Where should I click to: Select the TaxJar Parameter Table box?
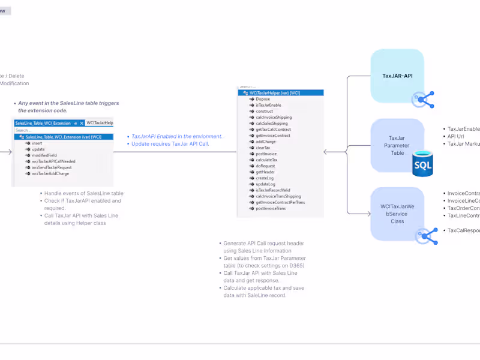[397, 145]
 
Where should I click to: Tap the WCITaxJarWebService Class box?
[397, 213]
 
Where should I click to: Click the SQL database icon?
[422, 163]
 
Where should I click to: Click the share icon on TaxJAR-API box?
[423, 99]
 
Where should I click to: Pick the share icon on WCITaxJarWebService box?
[428, 236]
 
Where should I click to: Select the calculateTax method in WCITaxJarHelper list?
[266, 160]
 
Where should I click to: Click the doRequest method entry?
[265, 166]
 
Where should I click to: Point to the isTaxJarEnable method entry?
[268, 105]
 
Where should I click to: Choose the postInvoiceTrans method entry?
[271, 208]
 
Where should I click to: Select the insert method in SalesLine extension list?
[37, 143]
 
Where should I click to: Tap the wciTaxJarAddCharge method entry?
[50, 173]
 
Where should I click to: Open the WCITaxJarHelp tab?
[100, 122]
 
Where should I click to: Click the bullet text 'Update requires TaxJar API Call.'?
[170, 144]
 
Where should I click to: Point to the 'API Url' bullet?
[455, 136]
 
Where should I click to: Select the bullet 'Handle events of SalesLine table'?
[83, 193]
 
